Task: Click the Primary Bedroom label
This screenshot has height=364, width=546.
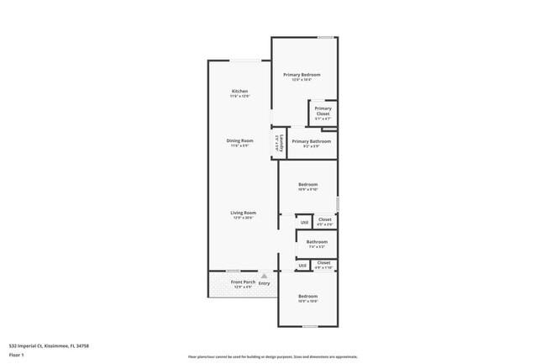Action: tap(301, 75)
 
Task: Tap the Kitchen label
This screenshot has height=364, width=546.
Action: tap(240, 91)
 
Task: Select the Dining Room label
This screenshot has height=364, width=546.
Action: tap(241, 140)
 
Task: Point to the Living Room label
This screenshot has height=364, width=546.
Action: tap(243, 213)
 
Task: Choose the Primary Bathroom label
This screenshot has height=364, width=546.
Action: tap(311, 141)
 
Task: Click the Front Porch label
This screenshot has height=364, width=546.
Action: tap(243, 282)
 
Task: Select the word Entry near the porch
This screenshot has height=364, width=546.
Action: tap(264, 283)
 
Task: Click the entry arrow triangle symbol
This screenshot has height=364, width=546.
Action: tap(264, 275)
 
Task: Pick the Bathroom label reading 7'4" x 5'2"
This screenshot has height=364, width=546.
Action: tap(317, 242)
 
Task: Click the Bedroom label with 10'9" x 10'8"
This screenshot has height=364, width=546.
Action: tap(307, 296)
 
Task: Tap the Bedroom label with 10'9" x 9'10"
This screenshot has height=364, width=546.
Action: tap(307, 184)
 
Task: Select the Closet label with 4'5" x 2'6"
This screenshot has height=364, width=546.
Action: tap(324, 219)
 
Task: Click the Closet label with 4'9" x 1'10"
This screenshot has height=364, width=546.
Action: tap(323, 262)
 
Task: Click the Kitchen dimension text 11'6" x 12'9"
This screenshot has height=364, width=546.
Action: tap(240, 97)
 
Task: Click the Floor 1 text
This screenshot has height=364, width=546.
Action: tap(17, 356)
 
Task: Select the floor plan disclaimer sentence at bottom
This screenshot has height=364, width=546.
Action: tap(272, 356)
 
